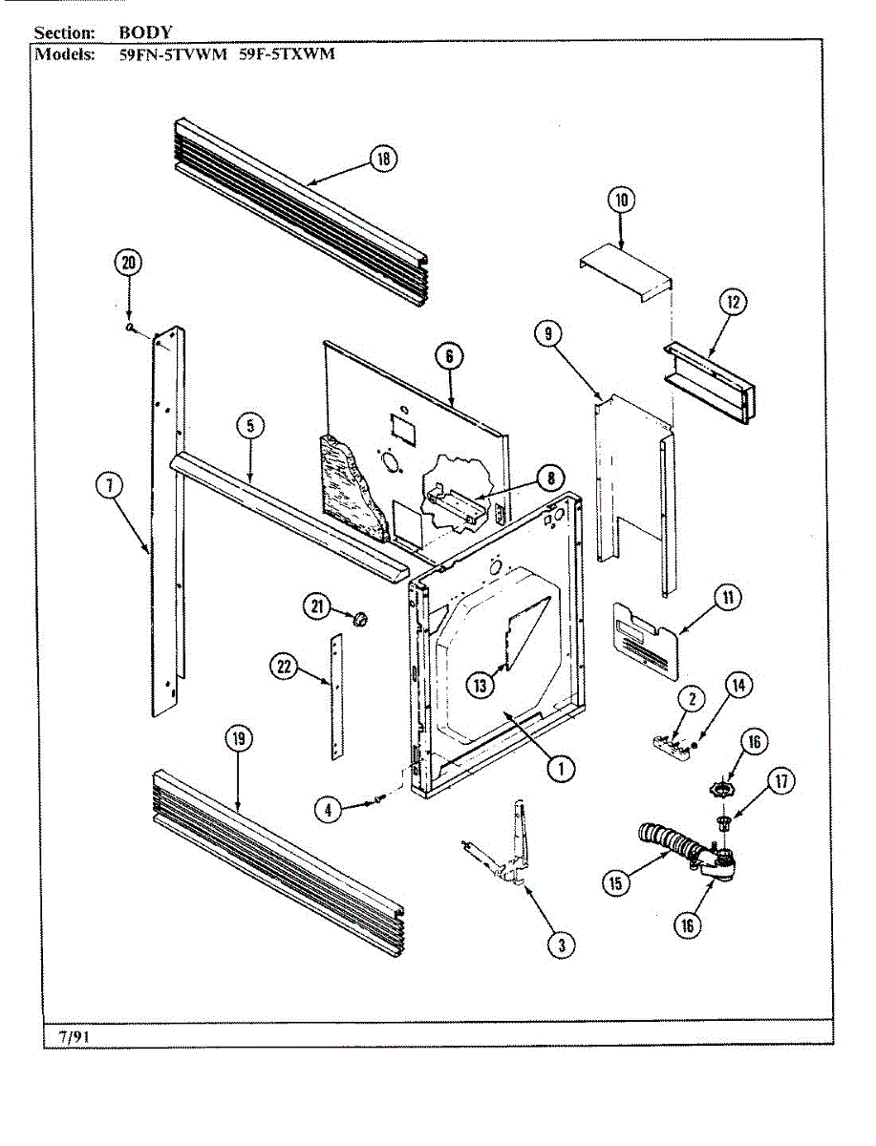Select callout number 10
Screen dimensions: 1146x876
(621, 201)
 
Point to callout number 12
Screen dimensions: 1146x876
(733, 303)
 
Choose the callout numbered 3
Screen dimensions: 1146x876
(561, 944)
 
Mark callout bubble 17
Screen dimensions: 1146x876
(782, 782)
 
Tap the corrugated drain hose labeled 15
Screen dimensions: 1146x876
(673, 844)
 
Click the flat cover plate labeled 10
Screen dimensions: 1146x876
(626, 269)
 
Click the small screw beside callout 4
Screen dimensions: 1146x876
(380, 797)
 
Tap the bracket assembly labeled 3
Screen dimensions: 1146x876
(506, 850)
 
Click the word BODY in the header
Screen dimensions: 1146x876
(145, 32)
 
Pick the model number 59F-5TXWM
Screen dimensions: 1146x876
(287, 54)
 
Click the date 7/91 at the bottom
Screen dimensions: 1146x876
(73, 1034)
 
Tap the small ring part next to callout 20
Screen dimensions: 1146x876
(130, 328)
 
